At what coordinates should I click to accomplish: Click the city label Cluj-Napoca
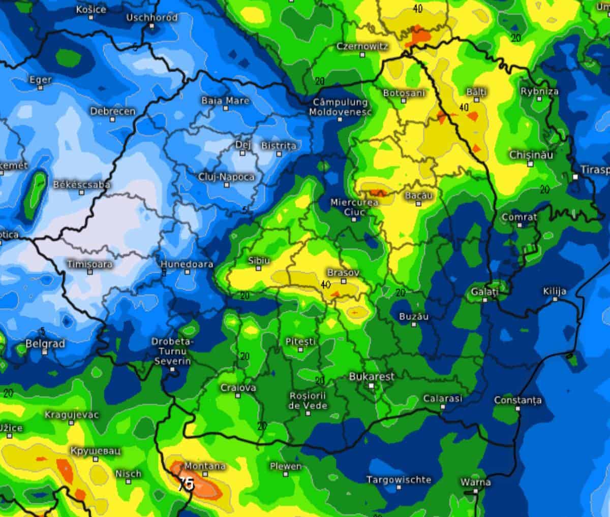tap(227, 177)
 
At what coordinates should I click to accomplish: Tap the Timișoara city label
tap(90, 264)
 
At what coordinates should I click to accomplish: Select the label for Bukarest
tap(372, 377)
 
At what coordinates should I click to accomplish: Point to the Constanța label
tap(517, 400)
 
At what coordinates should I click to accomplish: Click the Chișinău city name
tap(531, 155)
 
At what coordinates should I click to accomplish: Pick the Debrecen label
tap(113, 111)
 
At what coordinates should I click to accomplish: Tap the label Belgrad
tap(45, 344)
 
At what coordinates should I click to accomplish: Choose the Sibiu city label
tap(258, 260)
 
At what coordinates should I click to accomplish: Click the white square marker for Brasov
tap(344, 281)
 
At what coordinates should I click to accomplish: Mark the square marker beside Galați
tap(485, 300)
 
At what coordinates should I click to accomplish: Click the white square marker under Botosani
tap(404, 101)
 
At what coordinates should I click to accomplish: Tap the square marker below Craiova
tap(238, 396)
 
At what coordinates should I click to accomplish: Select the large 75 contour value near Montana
tap(186, 484)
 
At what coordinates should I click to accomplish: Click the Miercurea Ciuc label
tap(354, 207)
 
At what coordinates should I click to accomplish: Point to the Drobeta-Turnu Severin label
tap(171, 351)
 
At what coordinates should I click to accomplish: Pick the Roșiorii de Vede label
tap(308, 400)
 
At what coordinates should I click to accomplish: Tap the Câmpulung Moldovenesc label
tap(340, 107)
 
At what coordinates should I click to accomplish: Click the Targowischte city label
tap(399, 479)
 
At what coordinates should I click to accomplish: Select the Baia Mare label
tap(225, 101)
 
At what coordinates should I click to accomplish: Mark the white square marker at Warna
tap(475, 491)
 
